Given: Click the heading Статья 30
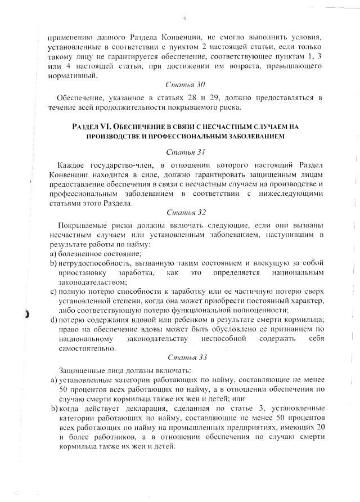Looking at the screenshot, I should [185, 84].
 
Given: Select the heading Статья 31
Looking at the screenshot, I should [185, 152].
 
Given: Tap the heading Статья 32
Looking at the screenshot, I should [185, 212].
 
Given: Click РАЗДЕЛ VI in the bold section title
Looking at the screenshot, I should [92, 127].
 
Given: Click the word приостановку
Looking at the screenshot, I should [80, 272].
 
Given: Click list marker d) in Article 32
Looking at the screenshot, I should [53, 320].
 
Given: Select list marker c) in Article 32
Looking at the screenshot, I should [53, 292].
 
